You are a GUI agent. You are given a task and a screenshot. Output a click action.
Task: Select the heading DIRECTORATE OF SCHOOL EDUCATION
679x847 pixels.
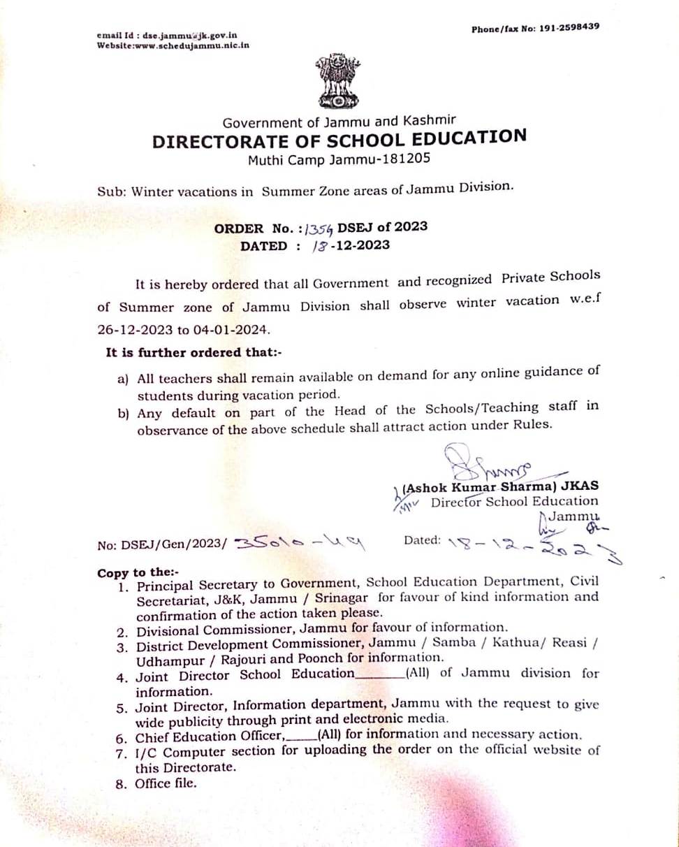(339, 139)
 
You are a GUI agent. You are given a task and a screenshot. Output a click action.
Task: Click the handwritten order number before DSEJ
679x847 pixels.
(321, 227)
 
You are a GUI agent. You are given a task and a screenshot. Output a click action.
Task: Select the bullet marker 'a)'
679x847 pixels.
(124, 379)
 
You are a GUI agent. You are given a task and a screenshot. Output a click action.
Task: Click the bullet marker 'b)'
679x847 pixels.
(124, 413)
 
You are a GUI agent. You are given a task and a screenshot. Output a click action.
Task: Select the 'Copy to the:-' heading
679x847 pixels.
(138, 572)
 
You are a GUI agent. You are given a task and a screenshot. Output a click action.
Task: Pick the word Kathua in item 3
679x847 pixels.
(516, 643)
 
